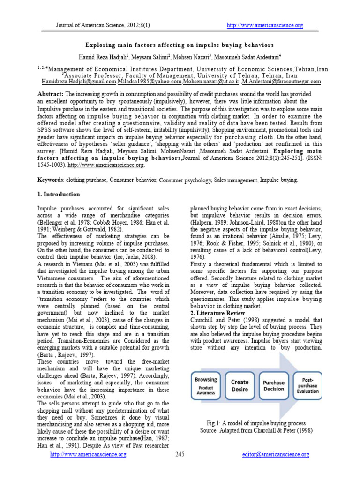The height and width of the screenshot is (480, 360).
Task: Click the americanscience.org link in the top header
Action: point(265,25)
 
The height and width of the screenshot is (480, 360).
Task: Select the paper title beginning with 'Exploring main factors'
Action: point(179,45)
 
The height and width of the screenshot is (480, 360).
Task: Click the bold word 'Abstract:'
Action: point(51,94)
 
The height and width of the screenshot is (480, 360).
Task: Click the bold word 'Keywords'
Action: point(50,180)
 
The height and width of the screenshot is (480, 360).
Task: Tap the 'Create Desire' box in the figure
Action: point(240,385)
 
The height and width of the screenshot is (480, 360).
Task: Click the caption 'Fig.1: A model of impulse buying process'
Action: point(253,423)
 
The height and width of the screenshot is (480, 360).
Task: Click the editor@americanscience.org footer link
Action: point(275,454)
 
